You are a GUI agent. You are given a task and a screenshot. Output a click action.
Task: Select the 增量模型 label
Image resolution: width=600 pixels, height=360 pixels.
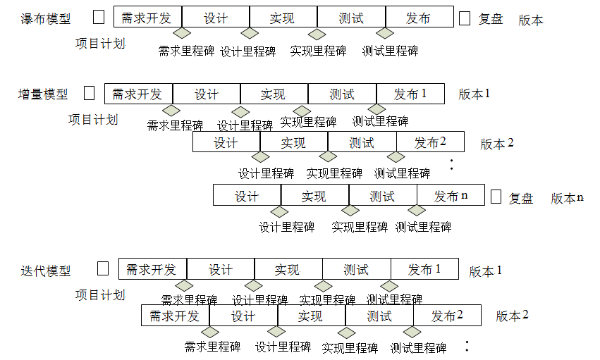(x=44, y=94)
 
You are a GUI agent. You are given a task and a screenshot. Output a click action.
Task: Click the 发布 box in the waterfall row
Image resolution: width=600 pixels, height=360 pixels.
(x=419, y=18)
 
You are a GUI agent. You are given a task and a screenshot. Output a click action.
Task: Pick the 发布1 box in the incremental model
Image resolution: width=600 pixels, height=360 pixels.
(x=410, y=94)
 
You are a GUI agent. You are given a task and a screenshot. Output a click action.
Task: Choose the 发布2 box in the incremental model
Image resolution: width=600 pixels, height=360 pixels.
(x=430, y=142)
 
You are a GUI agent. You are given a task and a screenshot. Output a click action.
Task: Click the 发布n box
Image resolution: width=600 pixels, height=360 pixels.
(x=451, y=195)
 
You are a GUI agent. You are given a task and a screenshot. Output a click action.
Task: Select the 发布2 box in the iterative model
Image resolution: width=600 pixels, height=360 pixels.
(x=447, y=316)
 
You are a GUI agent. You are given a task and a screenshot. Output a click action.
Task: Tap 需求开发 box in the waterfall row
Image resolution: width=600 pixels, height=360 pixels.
(x=147, y=18)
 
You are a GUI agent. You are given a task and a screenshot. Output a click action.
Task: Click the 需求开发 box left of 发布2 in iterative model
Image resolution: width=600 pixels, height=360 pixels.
(x=175, y=316)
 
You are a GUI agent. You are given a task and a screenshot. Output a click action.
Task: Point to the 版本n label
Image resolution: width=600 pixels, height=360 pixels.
(x=567, y=198)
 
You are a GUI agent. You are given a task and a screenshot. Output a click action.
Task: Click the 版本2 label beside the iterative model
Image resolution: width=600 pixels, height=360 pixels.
(x=512, y=316)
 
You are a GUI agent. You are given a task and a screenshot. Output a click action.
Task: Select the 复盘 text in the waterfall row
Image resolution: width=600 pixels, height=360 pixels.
(x=491, y=19)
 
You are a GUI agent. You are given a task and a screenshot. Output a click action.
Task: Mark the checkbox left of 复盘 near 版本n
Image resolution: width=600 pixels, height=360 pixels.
(x=496, y=197)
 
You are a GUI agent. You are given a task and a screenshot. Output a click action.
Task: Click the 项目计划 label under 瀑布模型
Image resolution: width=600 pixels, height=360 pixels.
(x=100, y=43)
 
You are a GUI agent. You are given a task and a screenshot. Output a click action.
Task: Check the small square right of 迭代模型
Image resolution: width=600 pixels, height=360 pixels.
(x=103, y=268)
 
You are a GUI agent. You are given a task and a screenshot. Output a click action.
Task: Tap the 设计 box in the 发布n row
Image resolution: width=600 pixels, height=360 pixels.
(x=247, y=195)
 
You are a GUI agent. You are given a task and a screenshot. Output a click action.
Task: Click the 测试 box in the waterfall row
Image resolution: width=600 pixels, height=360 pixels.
(x=351, y=18)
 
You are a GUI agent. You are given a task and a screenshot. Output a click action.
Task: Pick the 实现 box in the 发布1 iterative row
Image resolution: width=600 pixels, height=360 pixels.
(x=288, y=269)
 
